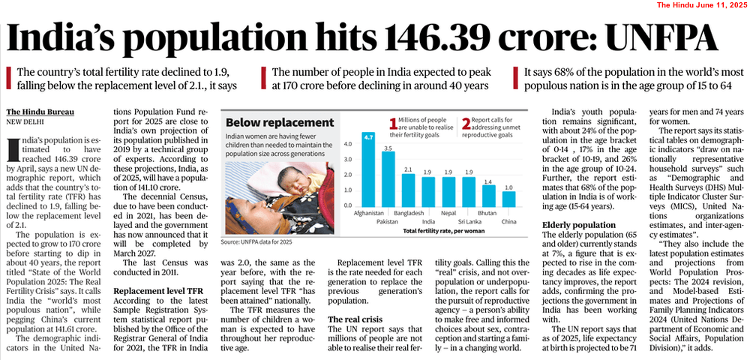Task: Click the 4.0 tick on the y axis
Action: pos(348,142)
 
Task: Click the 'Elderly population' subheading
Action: pos(580,225)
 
